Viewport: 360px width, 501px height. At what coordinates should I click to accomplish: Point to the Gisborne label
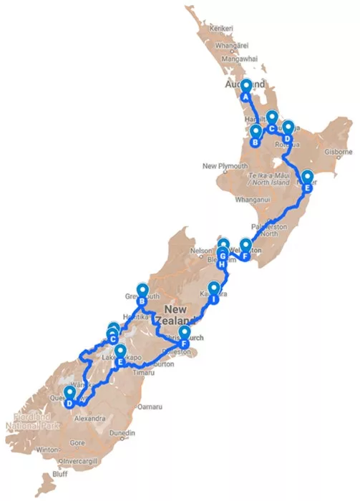click(x=337, y=152)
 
